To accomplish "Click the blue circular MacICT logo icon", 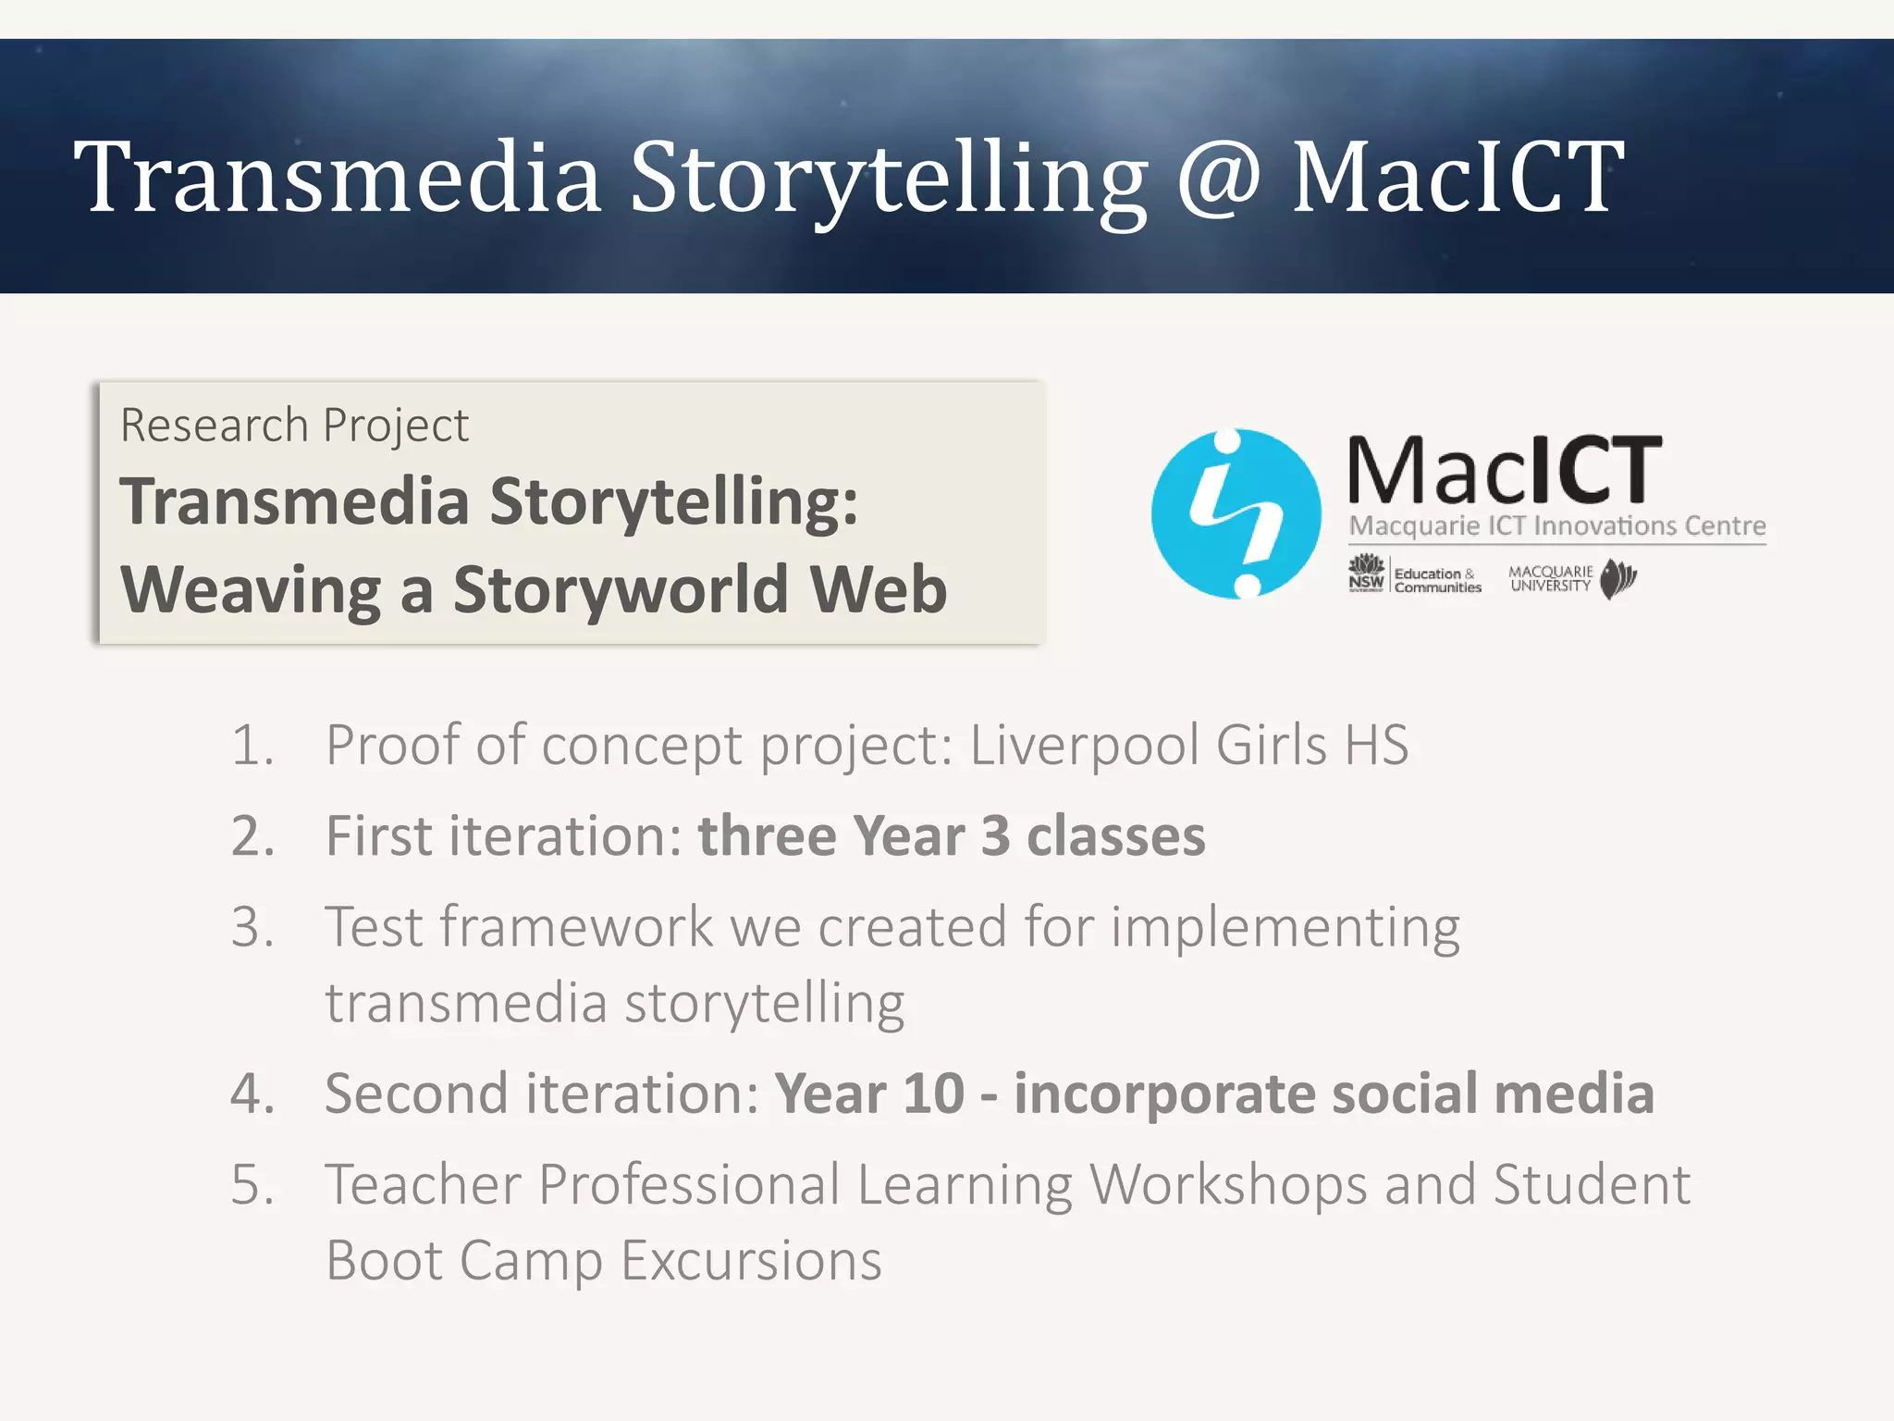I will [1236, 513].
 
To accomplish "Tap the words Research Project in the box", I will [294, 426].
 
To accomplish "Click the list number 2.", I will [252, 836].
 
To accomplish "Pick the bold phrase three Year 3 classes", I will [951, 836].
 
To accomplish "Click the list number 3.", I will [252, 927].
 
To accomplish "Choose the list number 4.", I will [252, 1094].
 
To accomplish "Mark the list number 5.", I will [252, 1184].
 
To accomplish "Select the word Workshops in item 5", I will [1227, 1184].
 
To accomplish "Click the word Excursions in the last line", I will [751, 1260].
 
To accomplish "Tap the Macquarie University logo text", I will [1551, 579].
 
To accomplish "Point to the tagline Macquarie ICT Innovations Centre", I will [1556, 526].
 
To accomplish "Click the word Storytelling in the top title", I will [888, 178].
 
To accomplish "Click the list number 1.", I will [252, 745].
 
